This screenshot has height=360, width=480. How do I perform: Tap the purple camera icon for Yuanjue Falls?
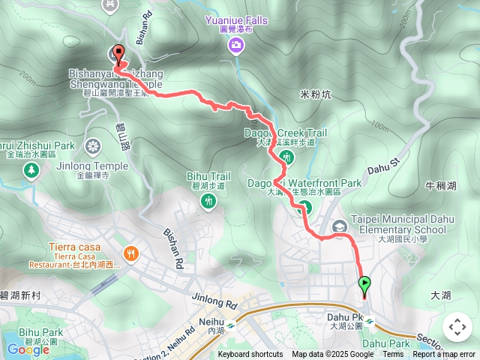(236, 46)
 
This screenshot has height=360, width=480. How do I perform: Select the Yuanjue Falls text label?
(236, 21)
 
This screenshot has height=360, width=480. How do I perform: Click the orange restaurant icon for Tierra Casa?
(132, 253)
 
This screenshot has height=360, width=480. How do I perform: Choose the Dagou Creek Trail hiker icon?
(286, 157)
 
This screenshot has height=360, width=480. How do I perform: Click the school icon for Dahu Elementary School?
(339, 225)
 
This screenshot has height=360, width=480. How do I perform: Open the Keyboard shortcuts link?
(250, 355)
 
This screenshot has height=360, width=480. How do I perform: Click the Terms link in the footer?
(393, 355)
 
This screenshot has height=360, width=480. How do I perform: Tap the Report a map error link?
(445, 355)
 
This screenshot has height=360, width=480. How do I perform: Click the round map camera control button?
(457, 327)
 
